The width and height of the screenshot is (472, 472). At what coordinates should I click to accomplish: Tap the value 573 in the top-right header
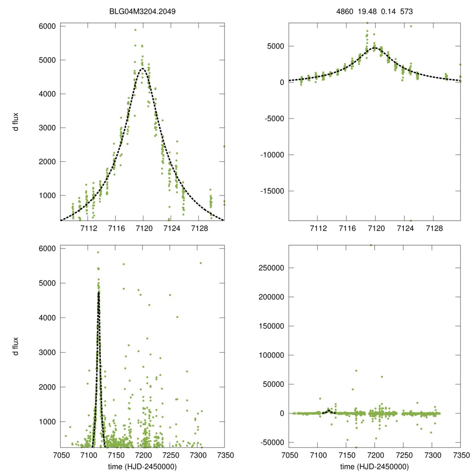click(406, 11)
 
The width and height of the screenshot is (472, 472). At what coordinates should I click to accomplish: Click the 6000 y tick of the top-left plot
click(47, 26)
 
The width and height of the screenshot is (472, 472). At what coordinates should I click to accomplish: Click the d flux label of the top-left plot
click(16, 123)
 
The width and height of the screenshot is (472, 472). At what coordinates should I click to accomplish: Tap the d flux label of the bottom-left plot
click(16, 346)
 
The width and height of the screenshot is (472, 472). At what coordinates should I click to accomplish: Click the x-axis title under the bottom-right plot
click(374, 466)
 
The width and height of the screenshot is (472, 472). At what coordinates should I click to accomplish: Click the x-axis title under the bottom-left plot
click(142, 466)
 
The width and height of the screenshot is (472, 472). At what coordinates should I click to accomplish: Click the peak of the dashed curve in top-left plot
click(142, 68)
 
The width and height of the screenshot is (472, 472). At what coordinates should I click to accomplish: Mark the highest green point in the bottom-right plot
click(371, 245)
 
